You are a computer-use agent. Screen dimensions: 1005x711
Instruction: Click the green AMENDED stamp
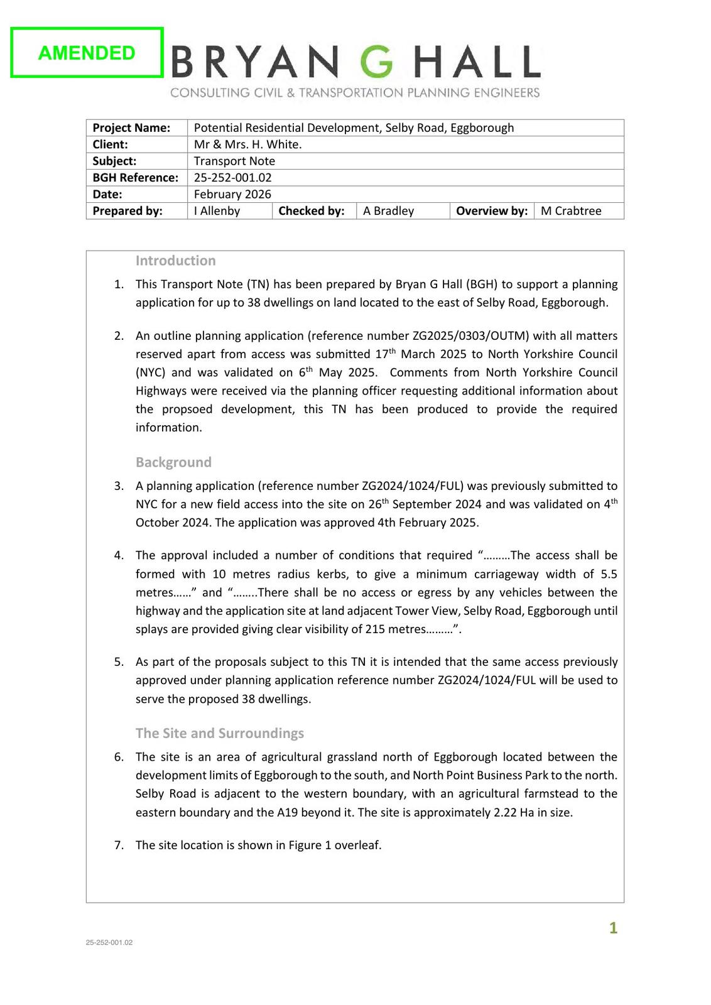(87, 53)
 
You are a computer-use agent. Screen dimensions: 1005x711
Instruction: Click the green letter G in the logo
(376, 63)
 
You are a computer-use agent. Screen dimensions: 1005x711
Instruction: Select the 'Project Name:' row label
(131, 128)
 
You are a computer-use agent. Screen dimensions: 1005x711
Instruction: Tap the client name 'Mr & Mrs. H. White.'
(247, 144)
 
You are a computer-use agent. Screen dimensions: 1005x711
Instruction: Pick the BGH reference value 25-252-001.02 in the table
(232, 178)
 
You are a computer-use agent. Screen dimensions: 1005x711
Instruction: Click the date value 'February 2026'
(232, 194)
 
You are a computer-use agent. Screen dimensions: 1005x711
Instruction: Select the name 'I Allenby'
(217, 211)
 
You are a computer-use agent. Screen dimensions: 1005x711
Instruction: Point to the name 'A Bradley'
(388, 211)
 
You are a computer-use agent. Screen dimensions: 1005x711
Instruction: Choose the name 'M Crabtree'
(570, 211)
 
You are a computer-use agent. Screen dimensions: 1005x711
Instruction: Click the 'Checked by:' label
(312, 211)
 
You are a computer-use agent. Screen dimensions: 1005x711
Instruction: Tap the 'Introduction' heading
(175, 261)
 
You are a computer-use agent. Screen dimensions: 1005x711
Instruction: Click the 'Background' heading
(173, 462)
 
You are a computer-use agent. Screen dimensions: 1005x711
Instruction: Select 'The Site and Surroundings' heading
(220, 733)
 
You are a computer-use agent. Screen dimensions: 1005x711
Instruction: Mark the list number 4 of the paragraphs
(119, 556)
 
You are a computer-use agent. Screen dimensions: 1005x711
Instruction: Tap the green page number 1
(613, 928)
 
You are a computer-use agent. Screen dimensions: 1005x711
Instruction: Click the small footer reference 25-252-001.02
(109, 942)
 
